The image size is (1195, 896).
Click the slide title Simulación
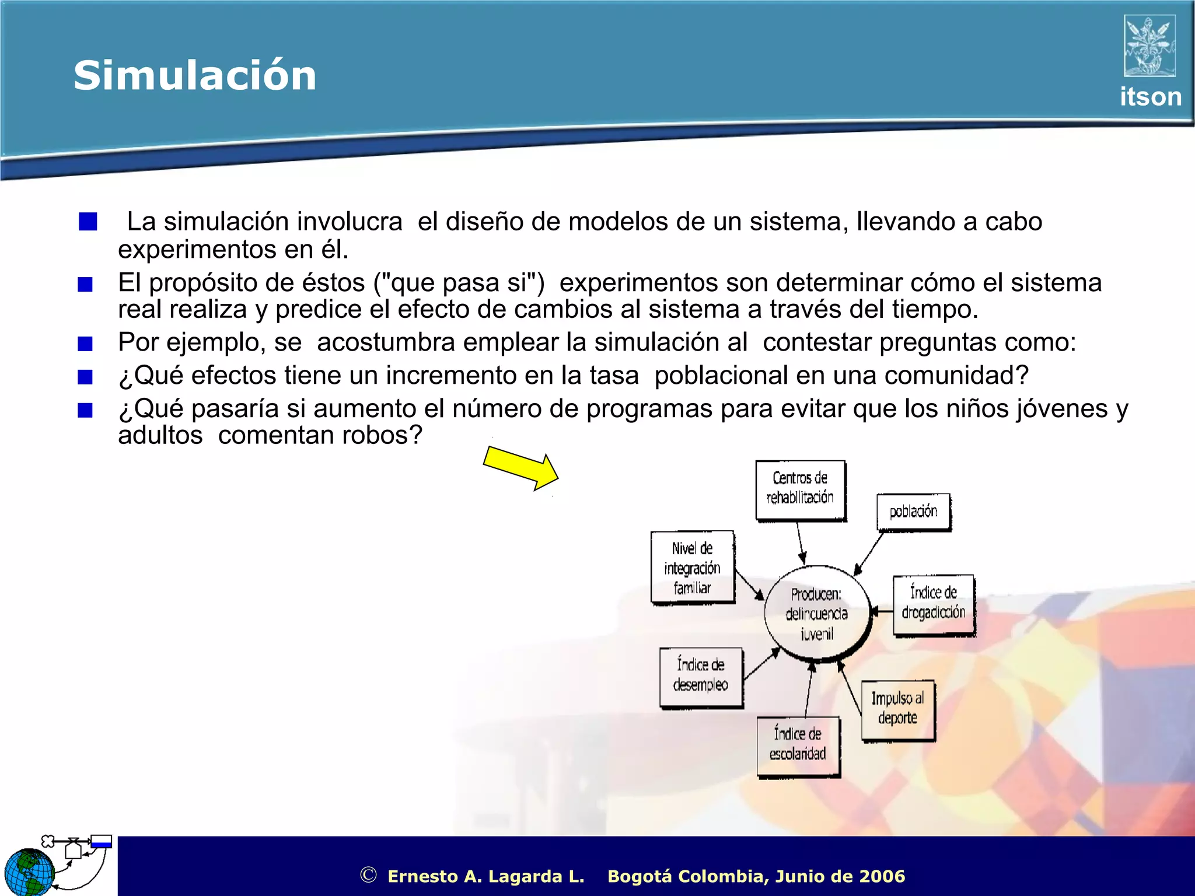(195, 76)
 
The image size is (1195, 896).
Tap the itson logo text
(1150, 97)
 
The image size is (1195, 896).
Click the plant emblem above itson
(1149, 46)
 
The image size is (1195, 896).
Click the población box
(913, 512)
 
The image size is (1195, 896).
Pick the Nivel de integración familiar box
(692, 568)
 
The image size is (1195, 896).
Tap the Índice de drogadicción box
(933, 604)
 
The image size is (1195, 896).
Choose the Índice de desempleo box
(701, 677)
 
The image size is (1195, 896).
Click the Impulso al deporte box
(897, 709)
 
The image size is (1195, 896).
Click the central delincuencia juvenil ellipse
(816, 614)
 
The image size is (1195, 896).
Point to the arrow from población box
(869, 553)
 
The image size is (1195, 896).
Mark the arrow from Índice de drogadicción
(882, 611)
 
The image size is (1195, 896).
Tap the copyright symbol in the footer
(368, 875)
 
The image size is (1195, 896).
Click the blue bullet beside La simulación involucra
(88, 222)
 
